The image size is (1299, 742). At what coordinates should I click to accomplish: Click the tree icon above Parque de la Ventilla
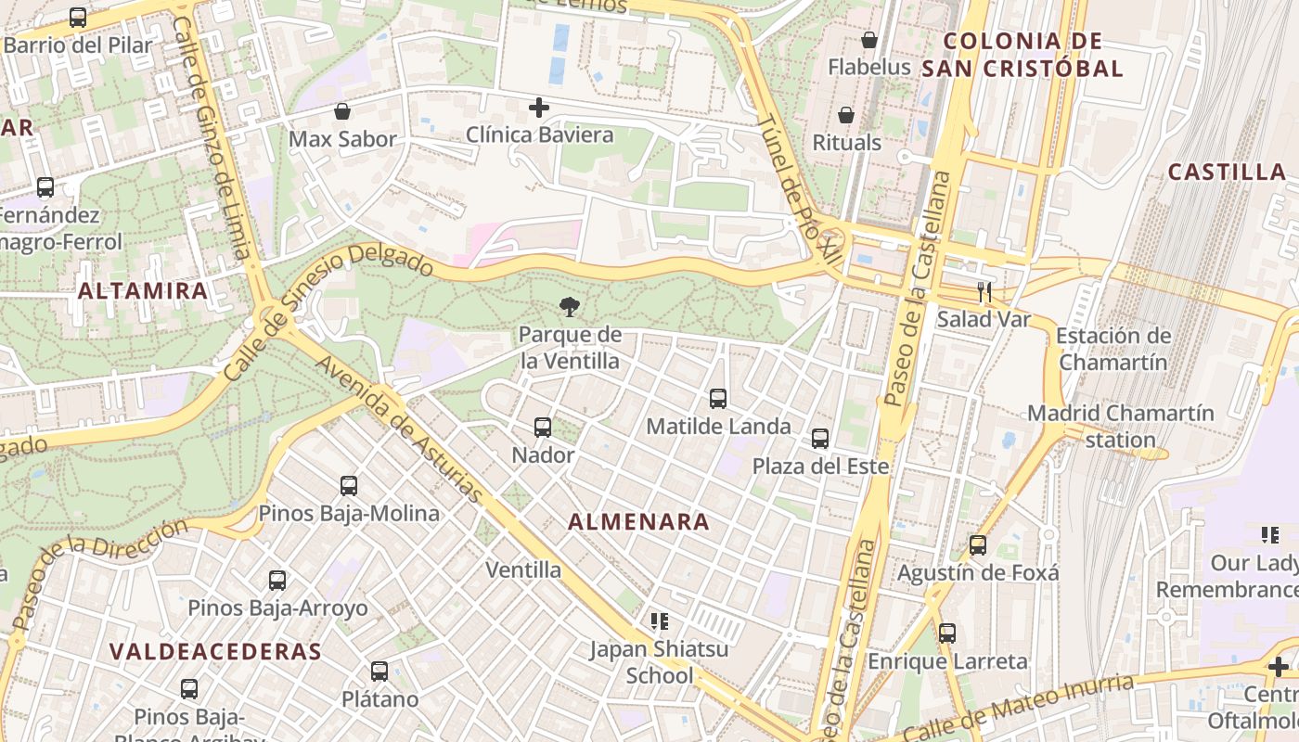point(569,307)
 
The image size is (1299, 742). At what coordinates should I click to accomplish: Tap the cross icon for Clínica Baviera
point(539,109)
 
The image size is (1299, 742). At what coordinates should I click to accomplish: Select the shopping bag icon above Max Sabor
point(342,112)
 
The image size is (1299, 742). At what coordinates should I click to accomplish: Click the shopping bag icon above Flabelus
point(869,40)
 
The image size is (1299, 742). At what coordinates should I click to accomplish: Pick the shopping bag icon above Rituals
point(846,115)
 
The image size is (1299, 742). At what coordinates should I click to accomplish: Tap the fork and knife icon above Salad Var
point(984,293)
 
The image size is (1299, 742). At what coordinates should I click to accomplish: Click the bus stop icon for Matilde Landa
point(718,399)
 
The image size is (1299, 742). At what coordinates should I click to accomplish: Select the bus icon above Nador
point(543,428)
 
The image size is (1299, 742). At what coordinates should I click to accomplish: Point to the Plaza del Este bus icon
point(820,439)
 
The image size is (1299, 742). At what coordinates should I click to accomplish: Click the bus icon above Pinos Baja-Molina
point(349,485)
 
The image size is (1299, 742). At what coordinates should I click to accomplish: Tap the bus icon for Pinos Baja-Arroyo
point(277,581)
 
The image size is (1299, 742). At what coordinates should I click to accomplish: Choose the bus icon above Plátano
point(379,671)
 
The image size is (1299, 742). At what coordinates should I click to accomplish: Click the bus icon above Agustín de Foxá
point(978,545)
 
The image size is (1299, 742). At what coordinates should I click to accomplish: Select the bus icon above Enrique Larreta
point(947,633)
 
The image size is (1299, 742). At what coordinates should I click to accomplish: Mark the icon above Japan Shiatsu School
point(660,620)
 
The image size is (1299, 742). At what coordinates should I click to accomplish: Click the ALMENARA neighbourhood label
point(638,522)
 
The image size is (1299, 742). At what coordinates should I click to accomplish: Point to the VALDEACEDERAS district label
point(215,651)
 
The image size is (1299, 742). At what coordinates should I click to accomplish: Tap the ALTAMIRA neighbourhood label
point(143,290)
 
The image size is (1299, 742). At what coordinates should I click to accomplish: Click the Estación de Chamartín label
point(1113,349)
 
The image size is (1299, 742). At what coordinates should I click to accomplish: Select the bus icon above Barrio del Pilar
point(78,18)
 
